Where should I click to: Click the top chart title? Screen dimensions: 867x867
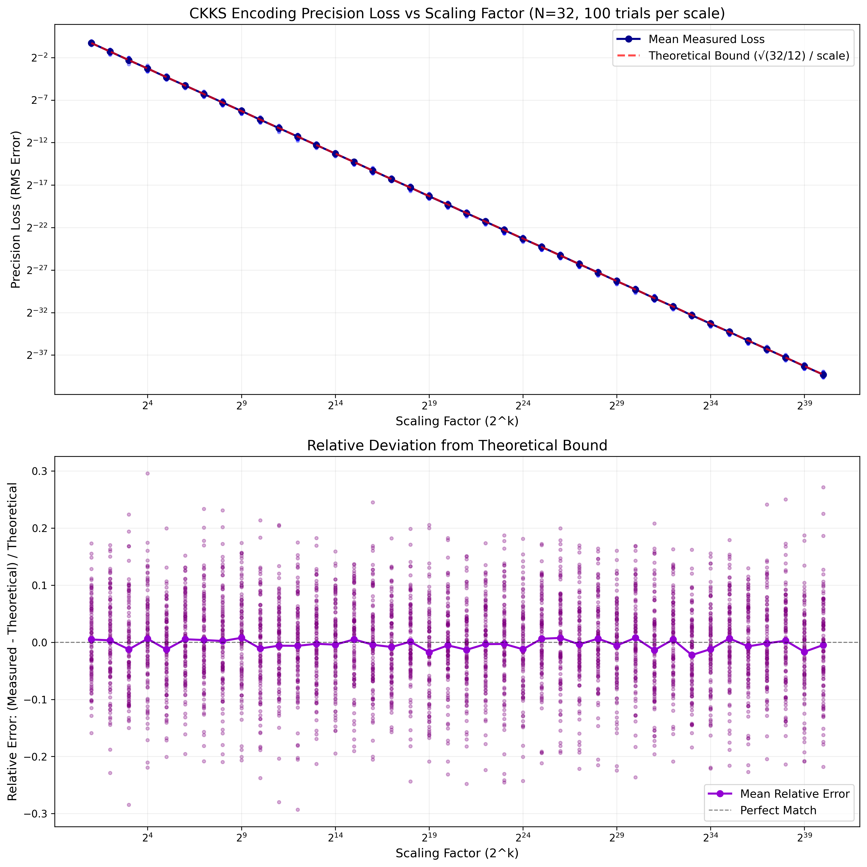457,13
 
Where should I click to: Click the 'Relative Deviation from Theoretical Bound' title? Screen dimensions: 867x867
457,445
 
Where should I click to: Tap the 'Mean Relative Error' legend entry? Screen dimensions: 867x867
794,794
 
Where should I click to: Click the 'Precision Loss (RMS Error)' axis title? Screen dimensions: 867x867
16,210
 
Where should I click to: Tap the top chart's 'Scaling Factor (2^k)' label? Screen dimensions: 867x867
457,421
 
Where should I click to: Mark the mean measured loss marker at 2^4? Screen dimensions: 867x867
147,68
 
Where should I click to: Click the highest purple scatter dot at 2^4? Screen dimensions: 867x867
147,473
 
